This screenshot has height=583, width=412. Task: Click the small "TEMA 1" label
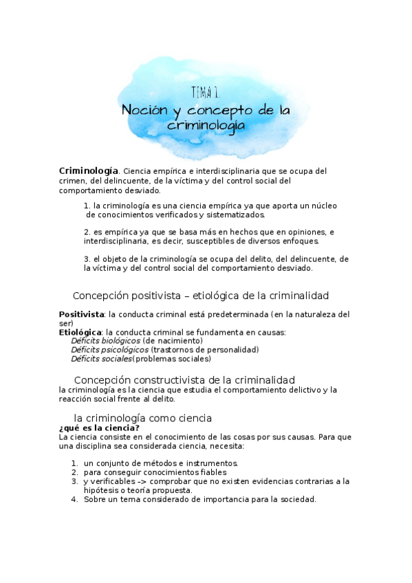[206, 92]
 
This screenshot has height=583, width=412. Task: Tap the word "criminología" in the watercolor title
[206, 126]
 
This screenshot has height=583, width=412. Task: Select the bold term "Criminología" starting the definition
[89, 170]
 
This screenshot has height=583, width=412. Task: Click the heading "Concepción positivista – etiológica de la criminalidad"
[201, 296]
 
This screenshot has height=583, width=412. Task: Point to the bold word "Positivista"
[81, 314]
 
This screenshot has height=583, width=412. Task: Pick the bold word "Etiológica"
[80, 332]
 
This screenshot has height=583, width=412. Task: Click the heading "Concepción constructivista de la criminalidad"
[184, 379]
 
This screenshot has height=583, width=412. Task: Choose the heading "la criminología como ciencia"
[142, 418]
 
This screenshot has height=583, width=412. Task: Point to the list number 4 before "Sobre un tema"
[74, 500]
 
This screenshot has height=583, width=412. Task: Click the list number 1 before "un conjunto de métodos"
[74, 463]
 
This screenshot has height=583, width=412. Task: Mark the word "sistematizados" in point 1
[236, 215]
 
